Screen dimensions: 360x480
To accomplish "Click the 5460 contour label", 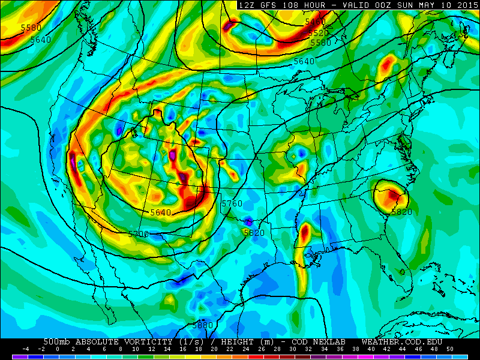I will click(x=315, y=22).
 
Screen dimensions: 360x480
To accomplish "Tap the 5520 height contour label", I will click(x=319, y=33).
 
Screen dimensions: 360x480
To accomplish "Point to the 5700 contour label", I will click(x=139, y=234).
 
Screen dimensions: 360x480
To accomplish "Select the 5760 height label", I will click(x=232, y=204).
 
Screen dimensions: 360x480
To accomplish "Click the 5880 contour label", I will click(x=203, y=325).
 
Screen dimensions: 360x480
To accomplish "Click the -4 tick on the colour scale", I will click(x=26, y=349).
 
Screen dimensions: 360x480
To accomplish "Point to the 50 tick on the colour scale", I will click(x=449, y=349).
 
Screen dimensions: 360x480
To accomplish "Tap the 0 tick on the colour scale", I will click(x=58, y=349).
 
